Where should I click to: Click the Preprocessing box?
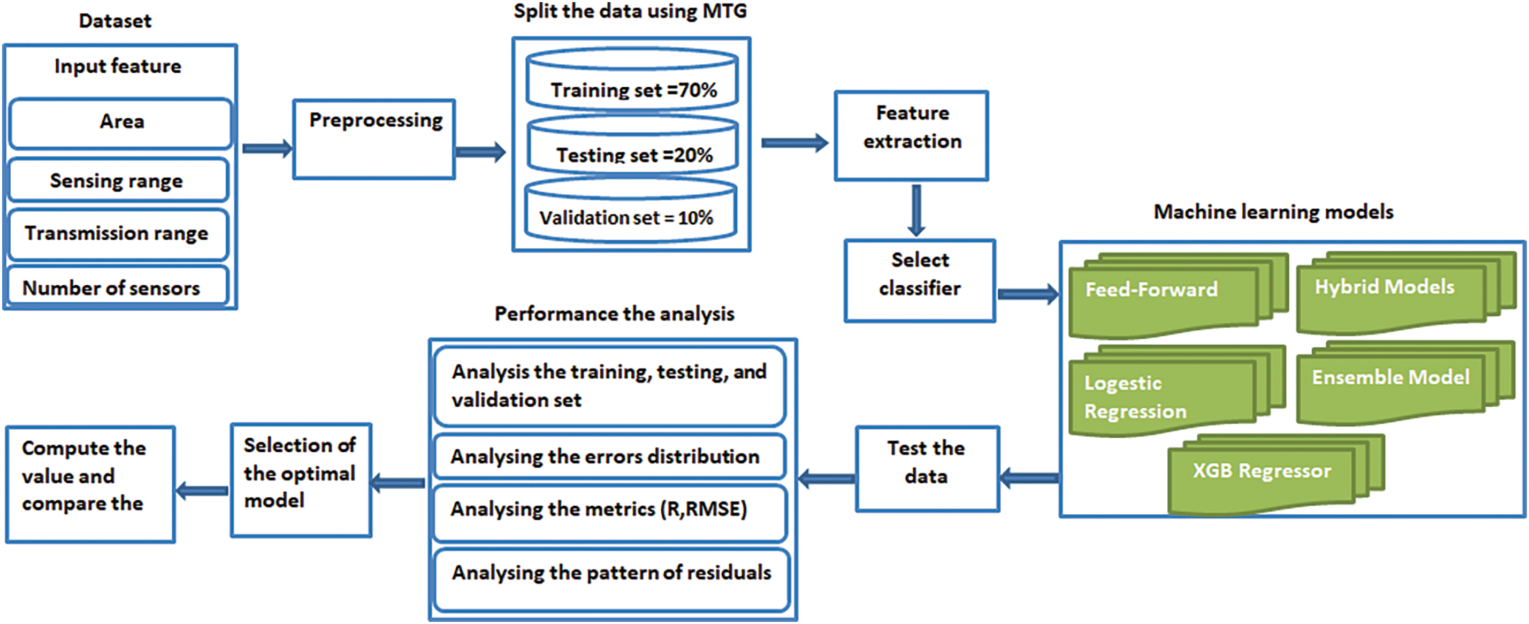[x=374, y=140]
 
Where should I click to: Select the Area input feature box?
[x=120, y=123]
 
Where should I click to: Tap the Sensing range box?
[x=118, y=180]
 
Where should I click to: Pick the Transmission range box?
[x=118, y=234]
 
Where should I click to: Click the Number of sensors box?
[x=118, y=286]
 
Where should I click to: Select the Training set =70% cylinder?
[x=632, y=80]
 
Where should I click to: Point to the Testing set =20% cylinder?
[x=633, y=145]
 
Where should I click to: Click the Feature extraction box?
[x=912, y=135]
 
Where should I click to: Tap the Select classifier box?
[x=920, y=281]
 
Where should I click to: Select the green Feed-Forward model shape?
[x=1178, y=295]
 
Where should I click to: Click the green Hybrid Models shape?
[x=1406, y=292]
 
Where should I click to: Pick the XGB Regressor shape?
[x=1276, y=474]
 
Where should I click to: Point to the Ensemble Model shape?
[x=1405, y=382]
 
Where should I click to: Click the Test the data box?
[x=927, y=468]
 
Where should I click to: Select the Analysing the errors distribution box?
[x=609, y=456]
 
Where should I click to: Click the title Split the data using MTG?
[x=630, y=11]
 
